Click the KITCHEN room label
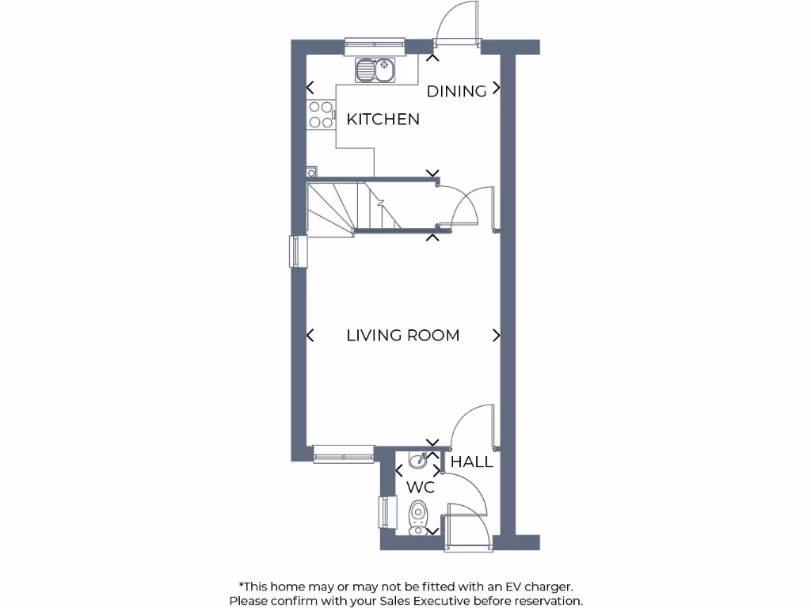[383, 120]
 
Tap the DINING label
[456, 91]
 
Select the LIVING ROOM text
[402, 336]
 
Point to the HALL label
[471, 462]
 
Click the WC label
[421, 488]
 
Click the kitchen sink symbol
[375, 71]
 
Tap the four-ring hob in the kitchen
[320, 115]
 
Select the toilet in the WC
[418, 516]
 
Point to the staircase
[352, 207]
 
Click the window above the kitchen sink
[375, 47]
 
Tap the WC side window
[386, 512]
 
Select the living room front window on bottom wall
[343, 454]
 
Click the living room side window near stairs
[297, 252]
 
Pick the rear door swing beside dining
[458, 24]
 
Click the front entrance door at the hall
[467, 526]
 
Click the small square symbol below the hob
[311, 171]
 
